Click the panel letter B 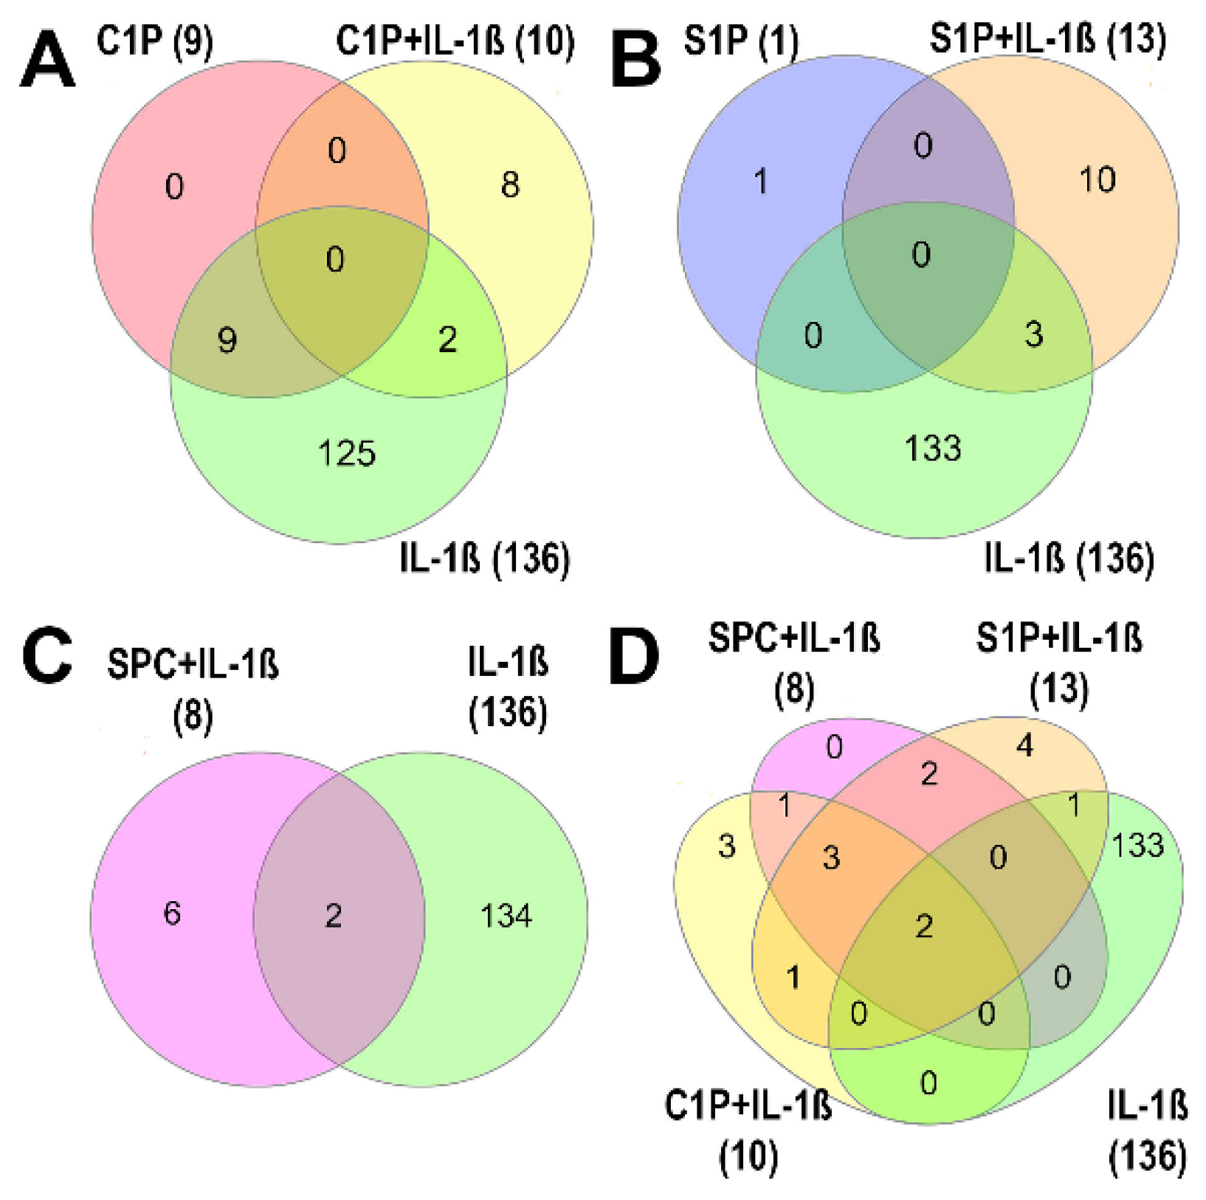pyautogui.click(x=636, y=61)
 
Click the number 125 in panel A pyautogui.click(x=346, y=453)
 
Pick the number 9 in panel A pyautogui.click(x=227, y=340)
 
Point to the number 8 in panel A pyautogui.click(x=510, y=185)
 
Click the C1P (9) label pyautogui.click(x=155, y=41)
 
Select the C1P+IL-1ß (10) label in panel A pyautogui.click(x=455, y=41)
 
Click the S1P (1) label pyautogui.click(x=741, y=41)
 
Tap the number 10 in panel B pyautogui.click(x=1097, y=179)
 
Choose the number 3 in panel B pyautogui.click(x=1033, y=334)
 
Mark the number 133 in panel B pyautogui.click(x=933, y=448)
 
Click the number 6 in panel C pyautogui.click(x=172, y=914)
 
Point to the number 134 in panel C pyautogui.click(x=506, y=916)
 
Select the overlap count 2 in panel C pyautogui.click(x=334, y=916)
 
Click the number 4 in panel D pyautogui.click(x=1024, y=746)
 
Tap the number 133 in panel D pyautogui.click(x=1137, y=845)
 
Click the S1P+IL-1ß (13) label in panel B pyautogui.click(x=1048, y=40)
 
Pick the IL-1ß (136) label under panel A pyautogui.click(x=485, y=558)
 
